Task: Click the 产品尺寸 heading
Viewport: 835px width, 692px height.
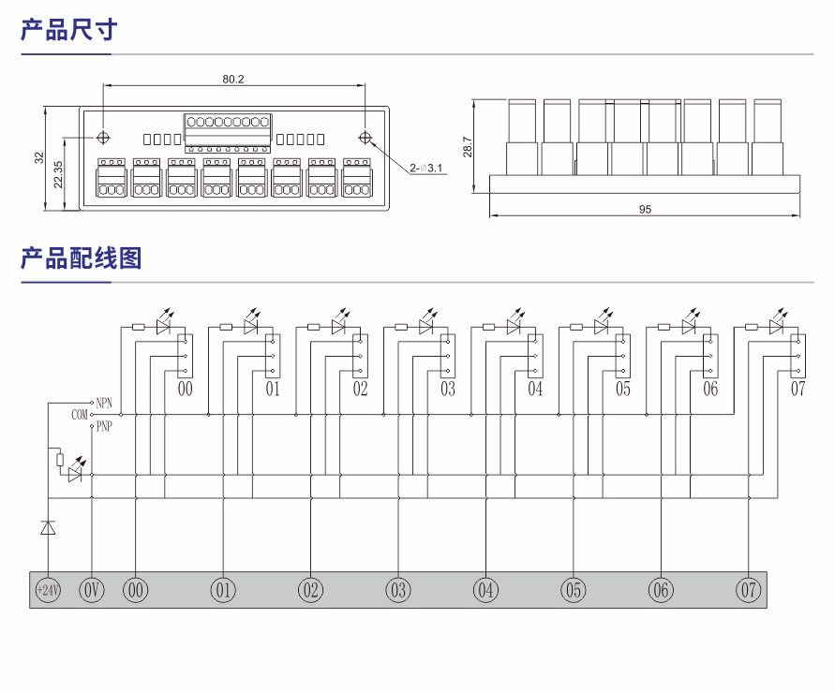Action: click(x=68, y=30)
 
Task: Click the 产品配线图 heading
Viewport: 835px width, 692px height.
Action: click(x=81, y=258)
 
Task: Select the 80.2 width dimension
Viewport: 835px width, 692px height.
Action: click(x=233, y=80)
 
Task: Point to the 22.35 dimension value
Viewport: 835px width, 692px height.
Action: click(x=58, y=174)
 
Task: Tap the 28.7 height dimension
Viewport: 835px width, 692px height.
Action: click(x=467, y=146)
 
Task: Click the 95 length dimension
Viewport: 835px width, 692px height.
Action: click(x=645, y=210)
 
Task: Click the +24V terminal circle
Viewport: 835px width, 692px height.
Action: click(x=47, y=590)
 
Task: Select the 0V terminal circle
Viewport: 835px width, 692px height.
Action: click(x=91, y=590)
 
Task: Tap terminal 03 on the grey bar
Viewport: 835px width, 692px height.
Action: click(x=398, y=590)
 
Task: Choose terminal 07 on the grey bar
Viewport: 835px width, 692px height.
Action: click(x=748, y=590)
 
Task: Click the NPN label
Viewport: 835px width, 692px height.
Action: click(x=103, y=401)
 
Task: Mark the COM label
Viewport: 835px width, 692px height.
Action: click(x=80, y=413)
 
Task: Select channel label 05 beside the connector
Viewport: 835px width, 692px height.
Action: click(x=623, y=389)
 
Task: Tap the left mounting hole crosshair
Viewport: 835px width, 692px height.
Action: click(x=103, y=138)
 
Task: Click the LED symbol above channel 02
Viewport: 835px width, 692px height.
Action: click(x=337, y=327)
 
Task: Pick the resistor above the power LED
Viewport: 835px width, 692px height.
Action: click(x=60, y=460)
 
